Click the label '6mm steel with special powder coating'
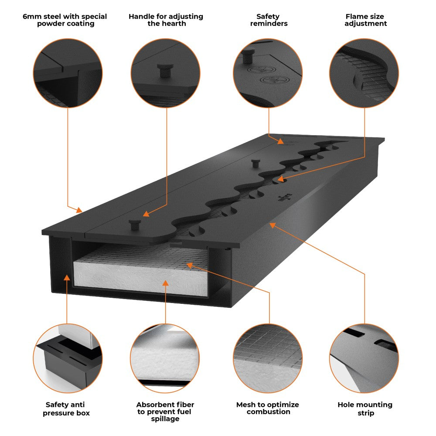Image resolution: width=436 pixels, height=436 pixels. pos(65,20)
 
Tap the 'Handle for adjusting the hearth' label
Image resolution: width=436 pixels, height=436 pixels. pos(166,20)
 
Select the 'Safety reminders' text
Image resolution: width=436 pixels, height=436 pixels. pos(269,20)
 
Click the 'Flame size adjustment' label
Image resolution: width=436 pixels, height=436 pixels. pos(365,20)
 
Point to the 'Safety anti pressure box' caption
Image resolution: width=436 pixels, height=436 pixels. pos(66,409)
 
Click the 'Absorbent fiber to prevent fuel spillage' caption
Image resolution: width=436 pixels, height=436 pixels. pos(165,412)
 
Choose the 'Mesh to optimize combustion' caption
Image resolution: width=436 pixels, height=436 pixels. pos(268,408)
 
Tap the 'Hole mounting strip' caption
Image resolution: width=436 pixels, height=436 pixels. pos(365,409)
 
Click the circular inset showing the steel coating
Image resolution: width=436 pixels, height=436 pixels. pos(68,73)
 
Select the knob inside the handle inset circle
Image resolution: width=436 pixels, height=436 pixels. pos(165,70)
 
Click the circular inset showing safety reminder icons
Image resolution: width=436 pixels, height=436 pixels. pos(268,73)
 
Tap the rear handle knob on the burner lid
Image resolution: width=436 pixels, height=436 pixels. pos(255,163)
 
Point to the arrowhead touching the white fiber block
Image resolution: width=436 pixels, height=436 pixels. pos(165,283)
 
